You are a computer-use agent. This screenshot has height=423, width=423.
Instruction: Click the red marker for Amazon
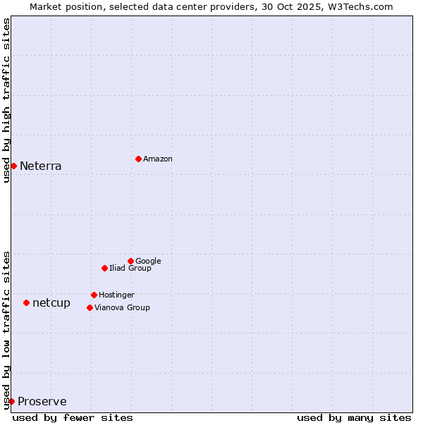tap(138, 159)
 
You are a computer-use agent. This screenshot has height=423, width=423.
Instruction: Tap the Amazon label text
tap(158, 159)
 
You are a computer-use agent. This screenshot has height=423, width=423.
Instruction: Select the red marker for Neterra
tap(13, 166)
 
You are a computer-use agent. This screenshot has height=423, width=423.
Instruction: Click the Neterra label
tap(41, 166)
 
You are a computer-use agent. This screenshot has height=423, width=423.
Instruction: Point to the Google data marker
tap(130, 261)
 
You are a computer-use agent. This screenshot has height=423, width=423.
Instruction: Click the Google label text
tap(148, 262)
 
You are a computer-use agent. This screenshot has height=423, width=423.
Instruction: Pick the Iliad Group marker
tap(104, 268)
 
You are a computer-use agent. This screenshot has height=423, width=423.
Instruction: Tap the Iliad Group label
tap(130, 269)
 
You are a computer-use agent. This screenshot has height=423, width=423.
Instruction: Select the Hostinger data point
tap(94, 295)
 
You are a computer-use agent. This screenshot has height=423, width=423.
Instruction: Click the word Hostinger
tap(116, 295)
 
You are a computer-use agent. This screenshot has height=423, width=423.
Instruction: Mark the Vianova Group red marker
tap(90, 307)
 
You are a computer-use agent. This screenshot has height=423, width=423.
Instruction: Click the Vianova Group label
tap(122, 308)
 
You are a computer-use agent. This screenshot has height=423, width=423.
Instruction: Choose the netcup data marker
tap(26, 302)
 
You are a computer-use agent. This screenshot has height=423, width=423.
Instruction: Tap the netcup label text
tap(51, 303)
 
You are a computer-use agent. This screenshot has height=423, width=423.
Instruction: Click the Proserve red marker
tap(11, 401)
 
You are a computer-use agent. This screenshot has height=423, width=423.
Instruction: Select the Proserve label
tap(42, 402)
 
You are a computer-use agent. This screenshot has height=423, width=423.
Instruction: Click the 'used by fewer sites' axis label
tap(73, 417)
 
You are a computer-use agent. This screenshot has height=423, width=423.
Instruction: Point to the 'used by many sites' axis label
tap(354, 417)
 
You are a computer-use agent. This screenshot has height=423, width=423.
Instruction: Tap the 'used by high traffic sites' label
tap(6, 100)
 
